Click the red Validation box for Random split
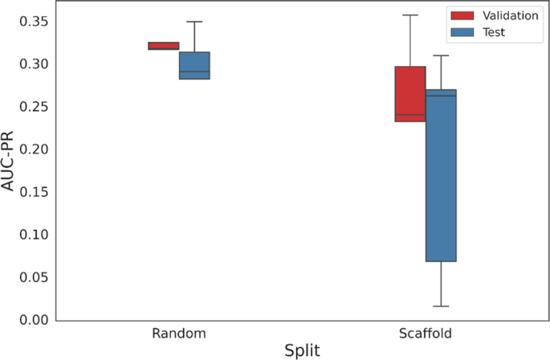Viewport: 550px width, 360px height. point(164,46)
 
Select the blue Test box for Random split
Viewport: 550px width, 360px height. point(194,66)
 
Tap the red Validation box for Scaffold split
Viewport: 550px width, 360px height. point(410,94)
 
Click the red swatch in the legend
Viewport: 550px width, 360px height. point(461,15)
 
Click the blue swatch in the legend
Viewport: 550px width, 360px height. point(461,32)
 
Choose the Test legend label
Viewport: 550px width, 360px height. point(494,32)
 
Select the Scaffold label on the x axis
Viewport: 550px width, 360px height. point(426,333)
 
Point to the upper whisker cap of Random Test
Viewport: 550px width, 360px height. point(194,22)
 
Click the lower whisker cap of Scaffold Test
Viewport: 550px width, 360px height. point(441,306)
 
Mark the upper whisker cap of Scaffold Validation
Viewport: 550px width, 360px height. point(410,15)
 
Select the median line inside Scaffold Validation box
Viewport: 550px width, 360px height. point(410,114)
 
